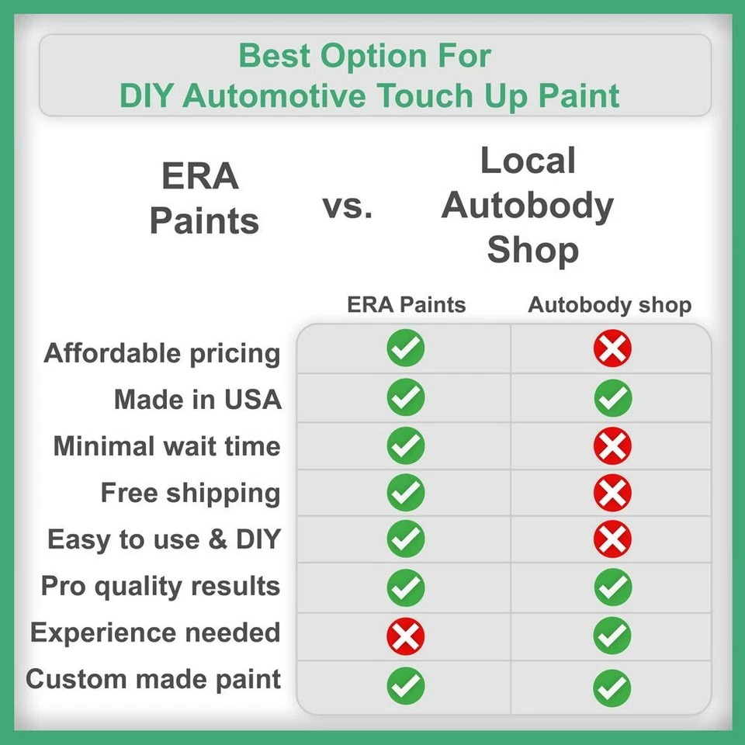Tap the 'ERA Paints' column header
(406, 304)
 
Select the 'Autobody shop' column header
(609, 304)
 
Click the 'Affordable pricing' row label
(162, 353)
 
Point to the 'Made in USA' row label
(197, 400)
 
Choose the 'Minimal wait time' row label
(167, 446)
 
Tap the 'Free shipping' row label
(190, 493)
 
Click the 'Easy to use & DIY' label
(164, 539)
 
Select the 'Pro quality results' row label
(161, 586)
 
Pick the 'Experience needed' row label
(155, 632)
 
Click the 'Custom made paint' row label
(153, 679)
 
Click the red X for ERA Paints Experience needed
(406, 637)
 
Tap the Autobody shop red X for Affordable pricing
(612, 348)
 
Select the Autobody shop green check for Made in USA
(612, 398)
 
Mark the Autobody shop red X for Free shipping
(612, 493)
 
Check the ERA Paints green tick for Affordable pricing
(406, 348)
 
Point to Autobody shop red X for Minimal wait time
(612, 445)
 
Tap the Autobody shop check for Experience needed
(612, 637)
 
